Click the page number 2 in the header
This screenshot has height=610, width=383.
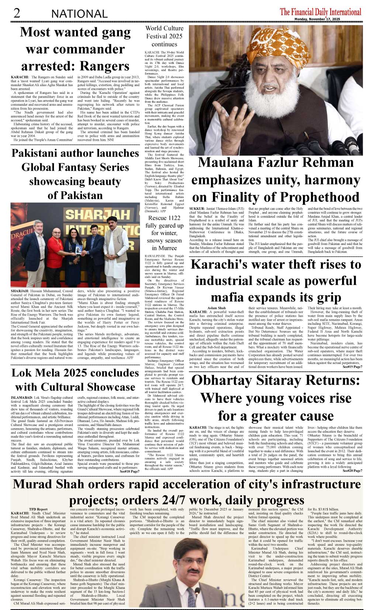pyautogui.click(x=17, y=13)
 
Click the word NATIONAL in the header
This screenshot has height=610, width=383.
pyautogui.click(x=79, y=14)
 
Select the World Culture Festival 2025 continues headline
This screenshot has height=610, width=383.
pyautogui.click(x=164, y=36)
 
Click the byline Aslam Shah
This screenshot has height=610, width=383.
pyautogui.click(x=217, y=308)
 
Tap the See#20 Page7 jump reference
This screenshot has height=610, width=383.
pyautogui.click(x=352, y=471)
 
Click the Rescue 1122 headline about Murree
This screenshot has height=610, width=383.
pyautogui.click(x=164, y=233)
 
